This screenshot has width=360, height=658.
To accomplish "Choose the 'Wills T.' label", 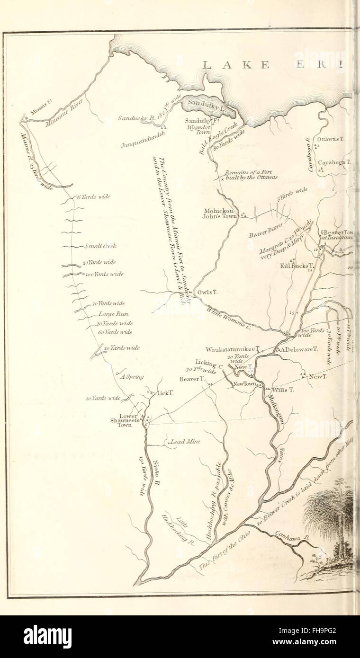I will tap(284, 389).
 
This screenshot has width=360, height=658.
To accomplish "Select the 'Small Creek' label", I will tap(100, 246).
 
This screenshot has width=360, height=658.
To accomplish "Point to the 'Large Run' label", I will tap(113, 314).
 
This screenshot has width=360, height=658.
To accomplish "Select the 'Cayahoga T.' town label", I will tap(334, 162).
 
